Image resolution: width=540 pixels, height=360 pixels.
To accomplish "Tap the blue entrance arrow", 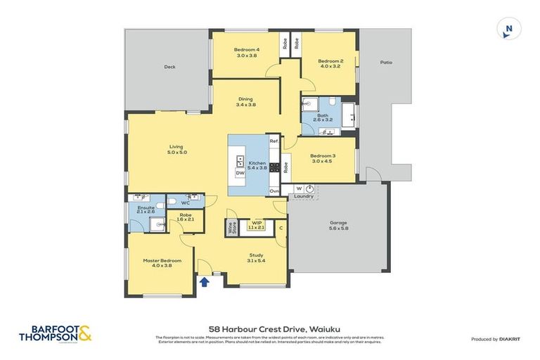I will (204, 283).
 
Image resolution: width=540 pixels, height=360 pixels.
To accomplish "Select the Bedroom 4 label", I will (247, 53).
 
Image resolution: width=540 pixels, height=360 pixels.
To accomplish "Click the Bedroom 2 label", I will (330, 64).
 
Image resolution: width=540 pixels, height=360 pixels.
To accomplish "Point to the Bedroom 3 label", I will (322, 157).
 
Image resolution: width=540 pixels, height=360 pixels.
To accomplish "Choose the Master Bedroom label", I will (157, 262).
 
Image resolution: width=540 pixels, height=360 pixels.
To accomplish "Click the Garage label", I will (339, 225).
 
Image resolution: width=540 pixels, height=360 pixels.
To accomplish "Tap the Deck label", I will (169, 67).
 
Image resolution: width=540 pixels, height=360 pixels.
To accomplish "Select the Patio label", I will (386, 63).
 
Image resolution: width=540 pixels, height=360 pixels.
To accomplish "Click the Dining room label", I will (245, 101).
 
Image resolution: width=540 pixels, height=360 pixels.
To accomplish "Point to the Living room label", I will (176, 149).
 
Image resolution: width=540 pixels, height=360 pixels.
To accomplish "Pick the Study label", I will (255, 257).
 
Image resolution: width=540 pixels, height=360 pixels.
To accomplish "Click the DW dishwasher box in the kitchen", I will (240, 172).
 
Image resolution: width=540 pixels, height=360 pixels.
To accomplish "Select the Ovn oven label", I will (274, 191).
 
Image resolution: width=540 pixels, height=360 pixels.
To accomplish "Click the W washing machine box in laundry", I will (298, 188).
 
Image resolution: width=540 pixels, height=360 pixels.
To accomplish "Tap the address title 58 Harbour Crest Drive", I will (269, 328).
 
